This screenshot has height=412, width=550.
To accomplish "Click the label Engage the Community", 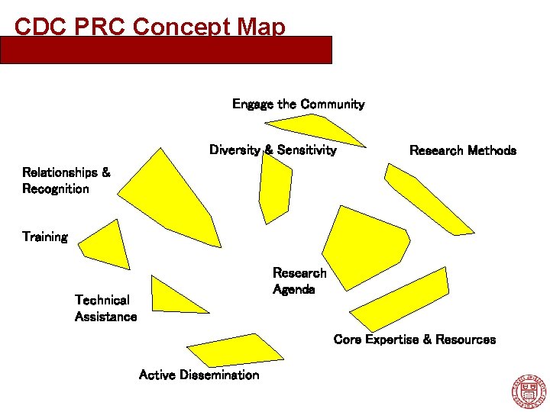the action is [298, 104].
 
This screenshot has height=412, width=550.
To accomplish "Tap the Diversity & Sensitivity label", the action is [273, 150].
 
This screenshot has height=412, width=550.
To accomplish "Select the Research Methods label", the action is [462, 150].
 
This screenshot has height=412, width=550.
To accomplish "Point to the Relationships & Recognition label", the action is [66, 181].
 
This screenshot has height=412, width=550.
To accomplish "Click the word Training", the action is [45, 237].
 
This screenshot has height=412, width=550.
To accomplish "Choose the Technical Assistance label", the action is [105, 308].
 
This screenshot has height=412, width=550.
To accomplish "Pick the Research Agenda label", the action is [299, 281].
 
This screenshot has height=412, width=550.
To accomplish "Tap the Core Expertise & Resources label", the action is [414, 340].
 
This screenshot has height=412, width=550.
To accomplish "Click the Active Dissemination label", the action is [199, 375].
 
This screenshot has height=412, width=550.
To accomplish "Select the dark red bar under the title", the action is [166, 50].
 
